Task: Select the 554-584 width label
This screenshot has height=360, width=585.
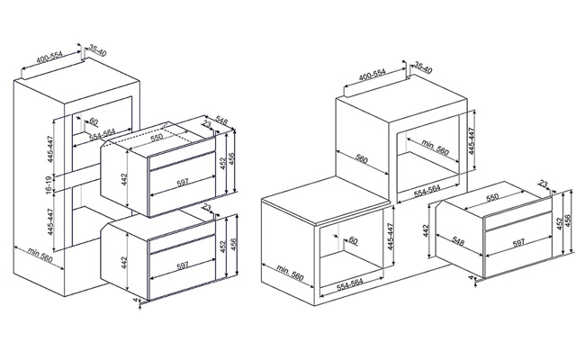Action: tap(427, 190)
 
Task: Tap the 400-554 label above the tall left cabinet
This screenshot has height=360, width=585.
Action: tap(49, 57)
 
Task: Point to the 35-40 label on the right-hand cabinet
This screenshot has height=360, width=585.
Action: tap(423, 67)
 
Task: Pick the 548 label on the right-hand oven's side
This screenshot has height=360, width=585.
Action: tap(458, 241)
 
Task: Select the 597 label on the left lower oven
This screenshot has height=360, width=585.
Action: tap(183, 265)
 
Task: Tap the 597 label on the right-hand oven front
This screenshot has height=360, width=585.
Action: tap(518, 243)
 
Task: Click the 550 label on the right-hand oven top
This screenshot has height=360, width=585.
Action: tap(492, 197)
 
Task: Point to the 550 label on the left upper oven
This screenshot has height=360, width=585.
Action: tap(157, 137)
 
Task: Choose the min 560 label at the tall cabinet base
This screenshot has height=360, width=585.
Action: tap(40, 255)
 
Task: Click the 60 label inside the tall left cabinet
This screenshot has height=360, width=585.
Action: tap(94, 121)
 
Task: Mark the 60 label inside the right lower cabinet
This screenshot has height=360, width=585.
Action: tap(353, 240)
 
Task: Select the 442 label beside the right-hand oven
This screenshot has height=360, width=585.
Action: tap(427, 230)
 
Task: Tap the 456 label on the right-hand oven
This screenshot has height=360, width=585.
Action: tap(568, 221)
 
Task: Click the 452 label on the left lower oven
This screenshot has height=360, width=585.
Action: tap(222, 247)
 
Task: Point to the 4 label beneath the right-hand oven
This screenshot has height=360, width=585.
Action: tap(471, 277)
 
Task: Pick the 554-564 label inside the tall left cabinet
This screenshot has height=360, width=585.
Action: tap(103, 134)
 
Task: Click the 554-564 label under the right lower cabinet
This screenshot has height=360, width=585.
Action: tap(349, 284)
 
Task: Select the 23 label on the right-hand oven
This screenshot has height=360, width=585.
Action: tap(544, 184)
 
